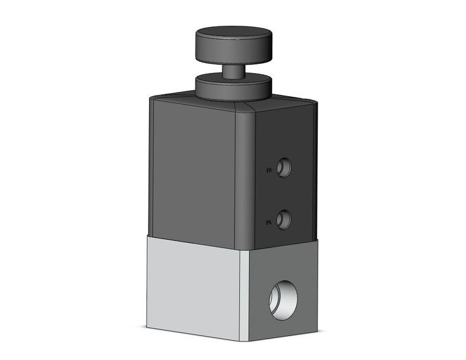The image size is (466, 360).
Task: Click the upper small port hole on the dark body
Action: click(284, 167)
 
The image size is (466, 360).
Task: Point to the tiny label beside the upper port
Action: click(269, 171)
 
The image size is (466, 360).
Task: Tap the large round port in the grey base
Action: click(283, 297)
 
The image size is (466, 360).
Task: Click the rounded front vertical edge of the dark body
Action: click(245, 178)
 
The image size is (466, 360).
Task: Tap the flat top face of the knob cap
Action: click(234, 33)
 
